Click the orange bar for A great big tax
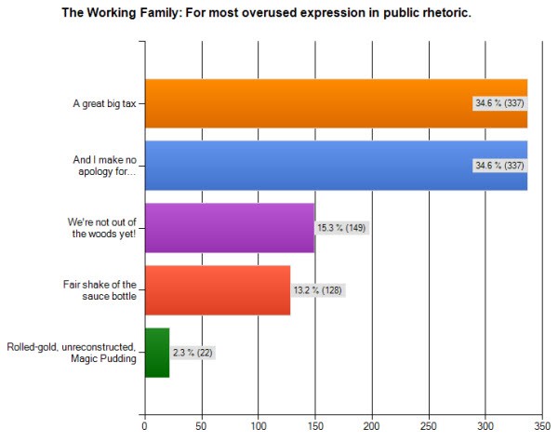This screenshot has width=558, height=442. (x=307, y=103)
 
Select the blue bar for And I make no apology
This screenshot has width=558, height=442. (x=307, y=165)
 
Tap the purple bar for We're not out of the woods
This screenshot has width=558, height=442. (x=229, y=228)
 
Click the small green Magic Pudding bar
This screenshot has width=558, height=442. (x=156, y=353)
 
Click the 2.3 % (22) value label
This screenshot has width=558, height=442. (x=193, y=354)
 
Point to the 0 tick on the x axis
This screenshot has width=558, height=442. (x=144, y=426)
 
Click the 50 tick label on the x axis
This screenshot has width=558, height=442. (x=201, y=426)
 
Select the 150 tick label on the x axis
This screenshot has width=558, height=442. (x=315, y=426)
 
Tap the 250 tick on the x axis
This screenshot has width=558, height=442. (x=429, y=426)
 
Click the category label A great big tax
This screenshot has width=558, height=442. (x=103, y=103)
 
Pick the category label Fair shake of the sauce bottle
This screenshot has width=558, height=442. (x=104, y=290)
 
